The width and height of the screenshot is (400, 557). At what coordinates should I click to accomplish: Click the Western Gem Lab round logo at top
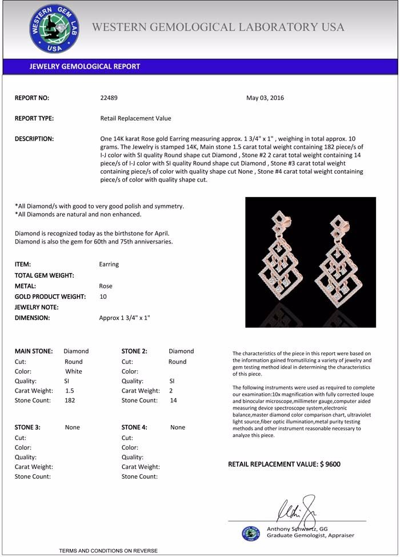point(54,28)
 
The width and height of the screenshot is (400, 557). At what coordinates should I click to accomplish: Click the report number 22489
point(109,98)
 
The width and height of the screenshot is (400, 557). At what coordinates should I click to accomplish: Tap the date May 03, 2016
point(265,98)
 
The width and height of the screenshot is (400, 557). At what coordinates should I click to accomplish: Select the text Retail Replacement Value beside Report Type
point(135,118)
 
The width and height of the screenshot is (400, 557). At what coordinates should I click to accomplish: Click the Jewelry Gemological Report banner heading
point(85,66)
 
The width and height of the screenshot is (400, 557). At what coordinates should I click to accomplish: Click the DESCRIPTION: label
point(34,139)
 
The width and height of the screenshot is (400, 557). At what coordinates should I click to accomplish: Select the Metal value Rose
point(106,286)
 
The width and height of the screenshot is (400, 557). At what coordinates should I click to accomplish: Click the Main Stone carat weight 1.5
point(70,391)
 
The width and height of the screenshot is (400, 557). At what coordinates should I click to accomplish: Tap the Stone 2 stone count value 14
point(174,400)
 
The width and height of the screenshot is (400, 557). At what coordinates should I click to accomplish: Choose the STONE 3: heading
point(27,427)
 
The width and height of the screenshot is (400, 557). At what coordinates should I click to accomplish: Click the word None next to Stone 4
point(178,427)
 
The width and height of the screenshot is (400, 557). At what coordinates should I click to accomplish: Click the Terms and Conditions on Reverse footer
point(108,551)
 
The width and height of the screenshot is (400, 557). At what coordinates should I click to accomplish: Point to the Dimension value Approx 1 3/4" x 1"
point(125,318)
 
